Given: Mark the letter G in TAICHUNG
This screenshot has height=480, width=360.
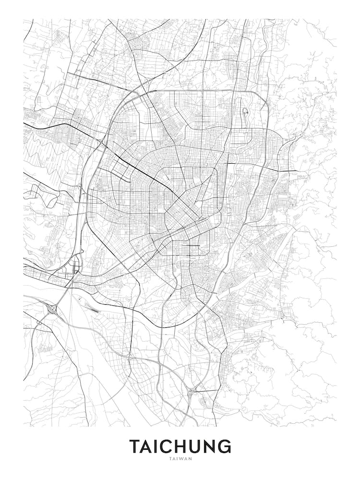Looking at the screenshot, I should coord(226,446).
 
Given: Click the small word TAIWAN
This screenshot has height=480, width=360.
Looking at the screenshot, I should coord(180,458).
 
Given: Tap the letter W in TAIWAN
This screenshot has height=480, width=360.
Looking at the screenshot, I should coord(182,458).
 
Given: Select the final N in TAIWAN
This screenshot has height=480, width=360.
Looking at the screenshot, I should coord(190,458).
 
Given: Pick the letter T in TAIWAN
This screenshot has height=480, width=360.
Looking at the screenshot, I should coord(170,458).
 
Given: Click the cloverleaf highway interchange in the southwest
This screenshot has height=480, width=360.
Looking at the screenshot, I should coord(52,309).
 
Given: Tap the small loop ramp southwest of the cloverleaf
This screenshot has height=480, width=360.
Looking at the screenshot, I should coord(38,324).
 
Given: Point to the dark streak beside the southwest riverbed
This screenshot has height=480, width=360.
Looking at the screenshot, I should coord(92,308).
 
